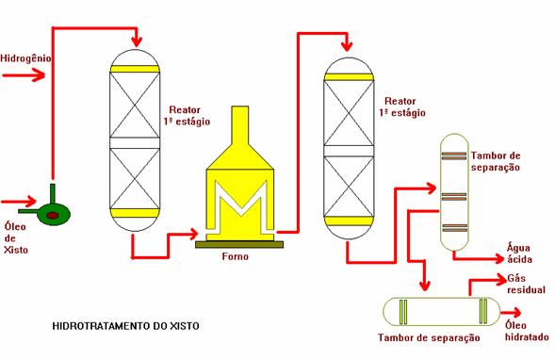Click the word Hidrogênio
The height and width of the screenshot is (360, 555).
pos(25,58)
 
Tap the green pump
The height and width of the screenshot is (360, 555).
pos(53,212)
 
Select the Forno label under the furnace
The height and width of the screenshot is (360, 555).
pos(236,256)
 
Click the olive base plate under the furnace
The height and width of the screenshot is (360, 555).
pos(239,244)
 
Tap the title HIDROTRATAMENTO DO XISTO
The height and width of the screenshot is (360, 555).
pos(125,326)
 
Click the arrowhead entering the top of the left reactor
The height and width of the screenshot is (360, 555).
pos(136,41)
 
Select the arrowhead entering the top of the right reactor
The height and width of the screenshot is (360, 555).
pos(348,46)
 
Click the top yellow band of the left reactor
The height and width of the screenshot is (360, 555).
pos(135,69)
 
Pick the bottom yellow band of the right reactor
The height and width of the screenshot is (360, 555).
pos(349,221)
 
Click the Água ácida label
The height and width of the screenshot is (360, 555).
pos(519,254)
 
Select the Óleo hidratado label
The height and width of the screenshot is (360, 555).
pos(527,331)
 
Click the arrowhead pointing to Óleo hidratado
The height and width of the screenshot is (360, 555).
pos(515,313)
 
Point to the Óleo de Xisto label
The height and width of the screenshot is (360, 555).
pos(16,237)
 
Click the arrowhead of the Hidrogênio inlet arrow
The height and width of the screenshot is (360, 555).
pos(39,75)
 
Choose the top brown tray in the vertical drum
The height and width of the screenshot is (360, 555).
pos(454,156)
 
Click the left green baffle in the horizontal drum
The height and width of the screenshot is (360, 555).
pos(403,312)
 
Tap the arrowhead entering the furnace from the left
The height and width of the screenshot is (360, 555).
pos(192,234)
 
